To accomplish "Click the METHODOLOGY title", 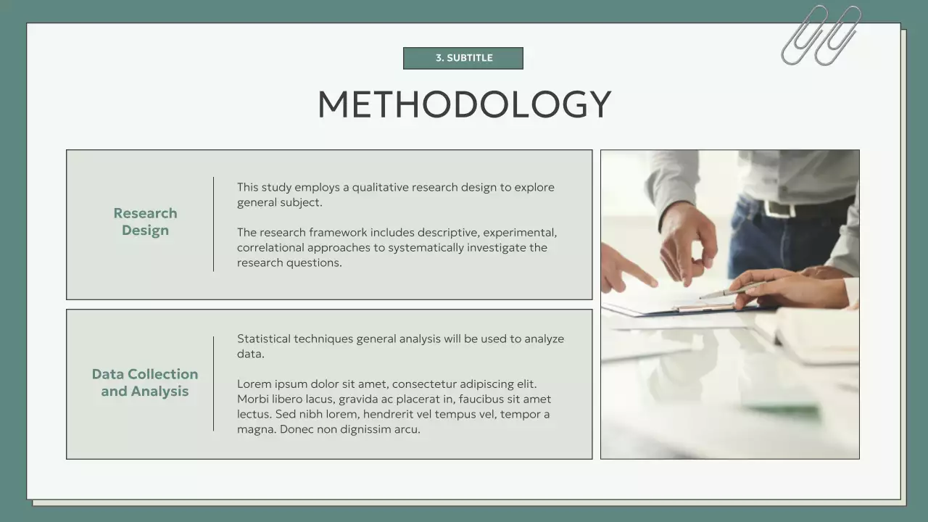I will click(x=464, y=104).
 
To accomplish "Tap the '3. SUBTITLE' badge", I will click(x=463, y=58).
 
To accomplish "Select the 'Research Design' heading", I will click(x=145, y=222).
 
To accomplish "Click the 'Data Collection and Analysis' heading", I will click(x=145, y=383).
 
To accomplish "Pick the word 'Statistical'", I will click(x=264, y=339).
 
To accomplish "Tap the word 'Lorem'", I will click(x=254, y=384).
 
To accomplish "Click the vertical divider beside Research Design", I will click(x=213, y=224).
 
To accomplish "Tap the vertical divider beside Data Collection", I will click(x=213, y=384).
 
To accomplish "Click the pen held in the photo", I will click(x=729, y=291).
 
